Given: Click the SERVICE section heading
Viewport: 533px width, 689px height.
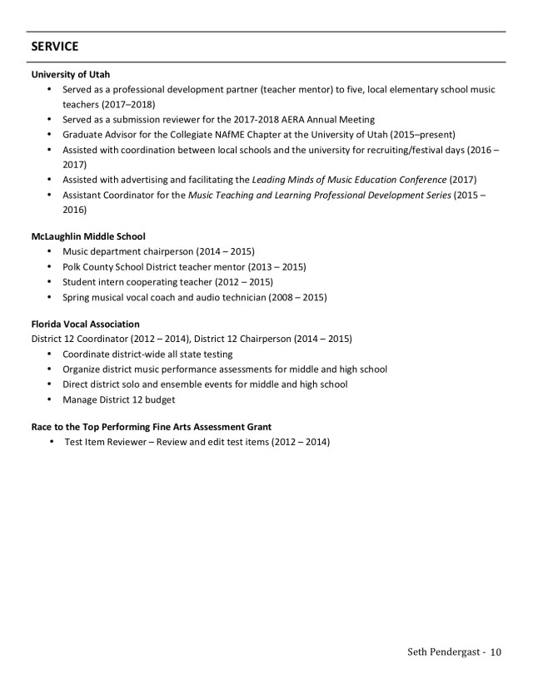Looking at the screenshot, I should click(x=55, y=47).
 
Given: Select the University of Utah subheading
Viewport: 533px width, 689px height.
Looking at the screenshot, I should click(x=71, y=74).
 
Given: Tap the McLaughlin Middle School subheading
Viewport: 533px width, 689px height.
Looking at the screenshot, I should click(x=88, y=236).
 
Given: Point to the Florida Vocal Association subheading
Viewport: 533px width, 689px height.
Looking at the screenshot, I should click(x=85, y=324).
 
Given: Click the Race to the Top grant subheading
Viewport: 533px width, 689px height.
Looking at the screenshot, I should click(x=152, y=426).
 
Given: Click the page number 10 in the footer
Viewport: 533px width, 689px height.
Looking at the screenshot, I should click(x=496, y=652).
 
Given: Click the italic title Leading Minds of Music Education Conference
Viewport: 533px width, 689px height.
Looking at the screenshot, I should click(x=349, y=180).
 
